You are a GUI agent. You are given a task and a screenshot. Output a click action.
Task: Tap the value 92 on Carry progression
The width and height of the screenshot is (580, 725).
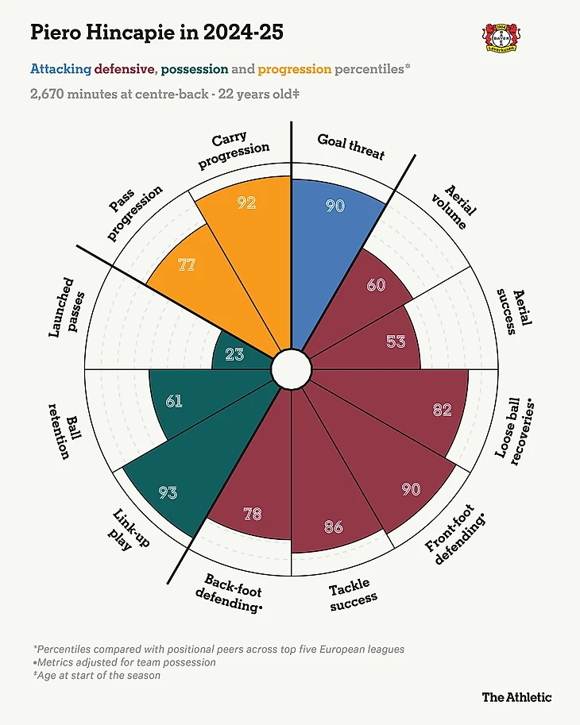pyautogui.click(x=246, y=202)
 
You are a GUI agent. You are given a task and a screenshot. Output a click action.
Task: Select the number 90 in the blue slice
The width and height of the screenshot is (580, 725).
pyautogui.click(x=335, y=205)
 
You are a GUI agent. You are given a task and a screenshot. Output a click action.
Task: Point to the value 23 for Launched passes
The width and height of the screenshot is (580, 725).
pyautogui.click(x=234, y=355)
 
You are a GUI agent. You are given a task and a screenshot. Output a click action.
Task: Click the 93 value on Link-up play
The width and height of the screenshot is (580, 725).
pyautogui.click(x=168, y=492)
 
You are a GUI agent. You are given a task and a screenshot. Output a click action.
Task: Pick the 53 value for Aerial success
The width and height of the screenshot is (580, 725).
pyautogui.click(x=396, y=341)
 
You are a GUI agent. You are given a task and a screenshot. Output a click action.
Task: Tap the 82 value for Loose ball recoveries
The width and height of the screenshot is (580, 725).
pyautogui.click(x=442, y=410)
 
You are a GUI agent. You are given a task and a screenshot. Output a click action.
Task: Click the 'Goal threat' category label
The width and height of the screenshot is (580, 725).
pyautogui.click(x=350, y=146)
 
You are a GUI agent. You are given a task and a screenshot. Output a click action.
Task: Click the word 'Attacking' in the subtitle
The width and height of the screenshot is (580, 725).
pyautogui.click(x=60, y=69)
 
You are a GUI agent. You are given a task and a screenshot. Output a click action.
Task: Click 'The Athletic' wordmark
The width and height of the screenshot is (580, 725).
pyautogui.click(x=516, y=696)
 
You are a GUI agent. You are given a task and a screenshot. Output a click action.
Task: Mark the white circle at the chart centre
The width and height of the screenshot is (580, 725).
pyautogui.click(x=291, y=369)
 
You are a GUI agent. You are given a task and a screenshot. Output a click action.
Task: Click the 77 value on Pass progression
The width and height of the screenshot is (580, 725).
pyautogui.click(x=187, y=265)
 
